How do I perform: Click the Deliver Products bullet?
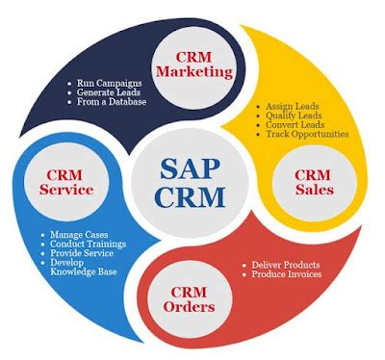click(x=289, y=265)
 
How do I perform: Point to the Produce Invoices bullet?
click(x=291, y=275)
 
